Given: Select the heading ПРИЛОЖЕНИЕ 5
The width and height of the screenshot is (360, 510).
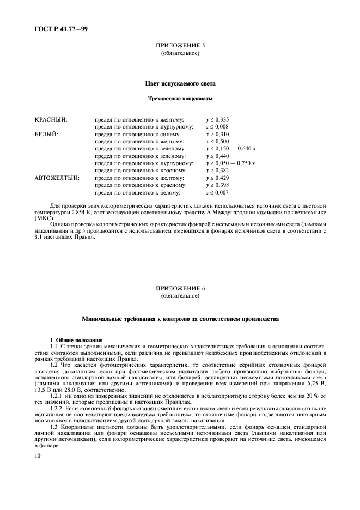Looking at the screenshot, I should (x=180, y=46).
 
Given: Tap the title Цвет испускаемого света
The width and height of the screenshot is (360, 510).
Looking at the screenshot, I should (x=180, y=84).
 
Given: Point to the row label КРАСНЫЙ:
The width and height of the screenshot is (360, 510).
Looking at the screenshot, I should (x=51, y=119).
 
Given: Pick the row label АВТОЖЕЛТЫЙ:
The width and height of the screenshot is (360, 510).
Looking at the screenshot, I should (x=57, y=178).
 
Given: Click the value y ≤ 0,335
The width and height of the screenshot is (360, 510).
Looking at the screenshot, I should (x=217, y=119).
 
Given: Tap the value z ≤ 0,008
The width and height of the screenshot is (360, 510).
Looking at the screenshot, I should (x=217, y=126).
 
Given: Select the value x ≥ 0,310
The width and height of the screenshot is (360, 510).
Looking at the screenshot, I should (x=217, y=133).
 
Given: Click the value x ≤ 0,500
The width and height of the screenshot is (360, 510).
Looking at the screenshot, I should (x=217, y=141).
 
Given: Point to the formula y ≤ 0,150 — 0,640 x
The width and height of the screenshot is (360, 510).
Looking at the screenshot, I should (x=230, y=148).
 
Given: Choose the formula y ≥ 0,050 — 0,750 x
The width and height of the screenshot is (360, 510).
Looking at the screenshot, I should (x=230, y=163).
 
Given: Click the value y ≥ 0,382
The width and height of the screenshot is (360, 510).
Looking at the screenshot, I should (x=217, y=170).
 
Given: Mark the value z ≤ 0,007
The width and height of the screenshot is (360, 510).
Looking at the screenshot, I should (x=217, y=192).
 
